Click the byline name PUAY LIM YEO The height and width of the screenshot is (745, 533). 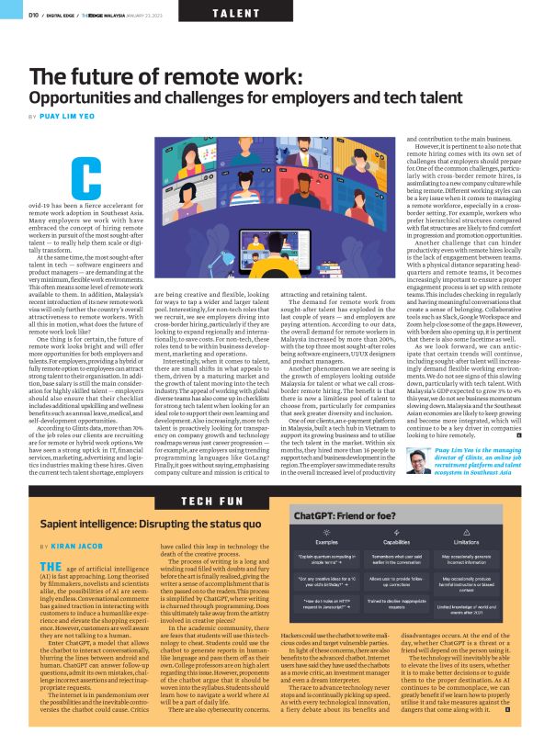click(x=67, y=117)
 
